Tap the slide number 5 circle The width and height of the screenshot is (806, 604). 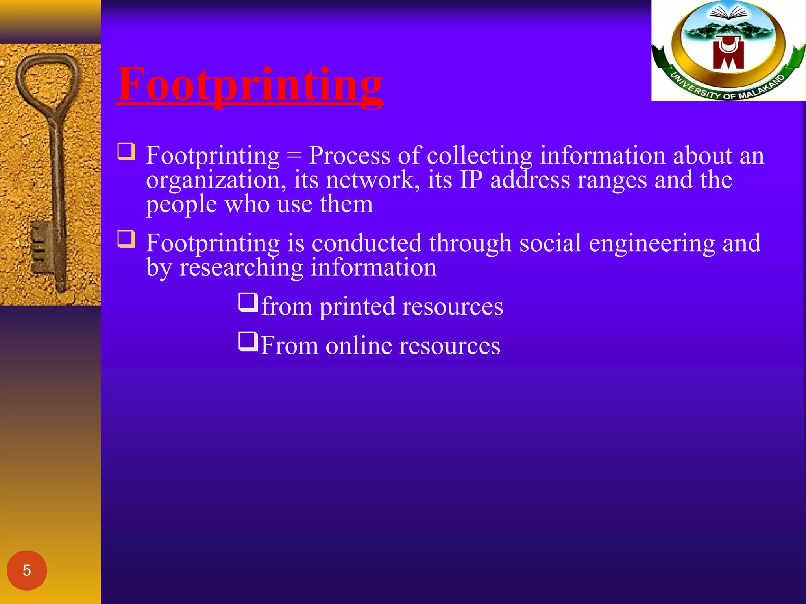point(27,570)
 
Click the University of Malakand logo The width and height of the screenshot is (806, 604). point(728,50)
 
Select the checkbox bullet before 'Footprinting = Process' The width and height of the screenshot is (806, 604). point(126,152)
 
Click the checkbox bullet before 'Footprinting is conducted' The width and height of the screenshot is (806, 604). point(126,239)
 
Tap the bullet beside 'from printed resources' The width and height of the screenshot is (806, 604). point(248,302)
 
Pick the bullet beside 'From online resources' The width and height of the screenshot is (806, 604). point(248,342)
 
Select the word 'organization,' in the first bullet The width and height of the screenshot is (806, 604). point(216,180)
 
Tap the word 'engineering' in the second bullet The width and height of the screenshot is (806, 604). point(652,243)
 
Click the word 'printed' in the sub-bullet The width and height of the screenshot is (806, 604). point(357,307)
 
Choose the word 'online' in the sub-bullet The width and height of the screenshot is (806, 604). point(359,346)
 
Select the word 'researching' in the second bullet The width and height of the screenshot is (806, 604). point(241,268)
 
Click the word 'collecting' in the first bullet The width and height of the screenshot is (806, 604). point(479,156)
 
